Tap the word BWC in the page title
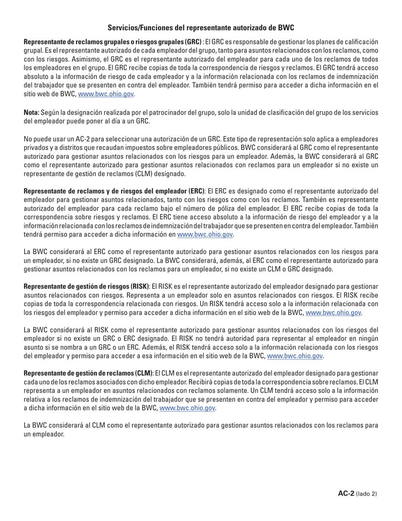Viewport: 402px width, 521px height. click(x=286, y=28)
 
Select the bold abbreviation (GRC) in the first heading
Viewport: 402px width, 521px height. click(x=193, y=42)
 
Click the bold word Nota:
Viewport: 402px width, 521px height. click(x=32, y=112)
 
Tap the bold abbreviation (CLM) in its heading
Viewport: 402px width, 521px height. click(x=143, y=373)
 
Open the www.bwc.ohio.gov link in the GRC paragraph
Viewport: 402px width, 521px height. click(x=106, y=94)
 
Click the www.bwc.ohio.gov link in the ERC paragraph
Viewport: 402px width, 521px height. click(x=205, y=234)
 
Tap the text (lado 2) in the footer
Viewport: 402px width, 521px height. click(x=366, y=494)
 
